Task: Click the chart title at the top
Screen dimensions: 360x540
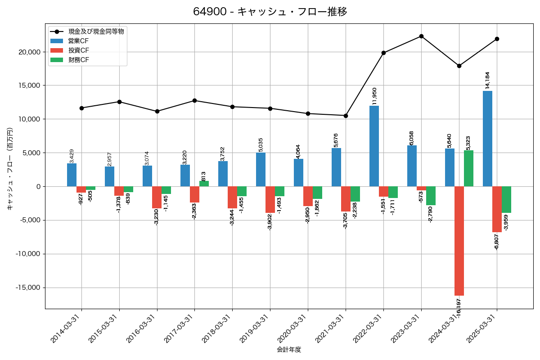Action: pyautogui.click(x=270, y=12)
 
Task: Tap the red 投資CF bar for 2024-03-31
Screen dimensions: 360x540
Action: pyautogui.click(x=459, y=241)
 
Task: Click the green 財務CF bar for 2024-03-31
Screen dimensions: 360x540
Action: pyautogui.click(x=468, y=168)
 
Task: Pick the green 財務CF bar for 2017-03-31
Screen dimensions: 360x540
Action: pyautogui.click(x=204, y=184)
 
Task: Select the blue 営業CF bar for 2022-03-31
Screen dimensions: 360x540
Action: pyautogui.click(x=374, y=146)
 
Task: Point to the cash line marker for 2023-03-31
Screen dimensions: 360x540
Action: pyautogui.click(x=421, y=36)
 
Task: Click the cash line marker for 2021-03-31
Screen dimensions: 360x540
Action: pyautogui.click(x=346, y=116)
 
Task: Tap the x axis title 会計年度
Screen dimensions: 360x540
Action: pyautogui.click(x=289, y=350)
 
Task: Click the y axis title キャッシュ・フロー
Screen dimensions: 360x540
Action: pyautogui.click(x=10, y=169)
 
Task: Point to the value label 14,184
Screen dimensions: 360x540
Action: pyautogui.click(x=488, y=80)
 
